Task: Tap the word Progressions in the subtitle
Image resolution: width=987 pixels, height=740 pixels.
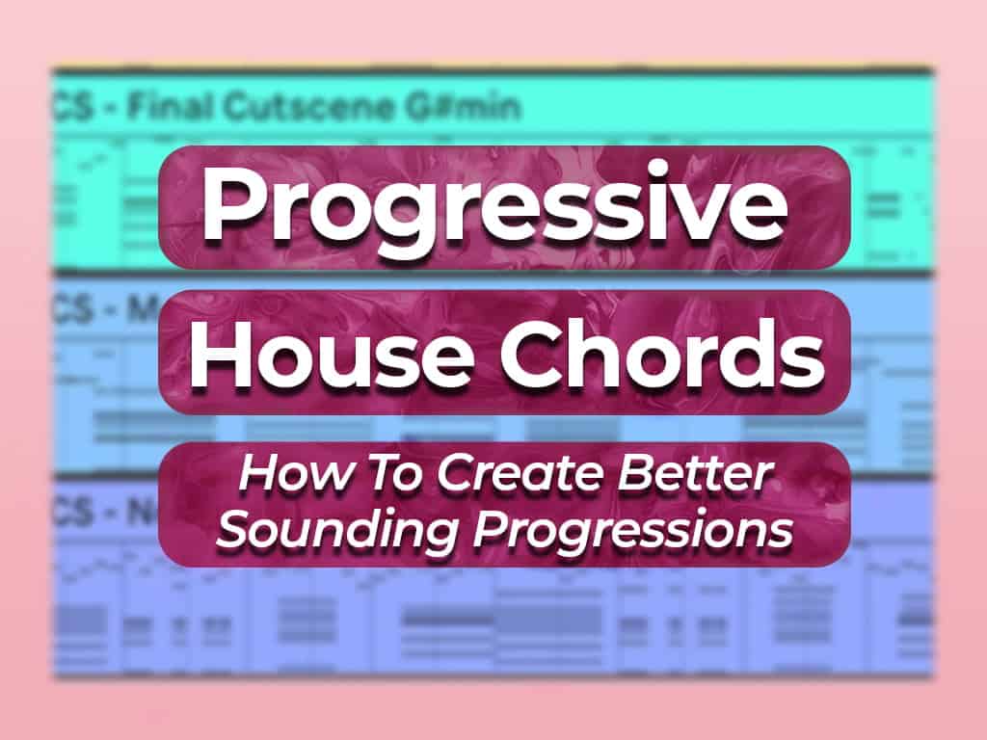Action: [624, 530]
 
